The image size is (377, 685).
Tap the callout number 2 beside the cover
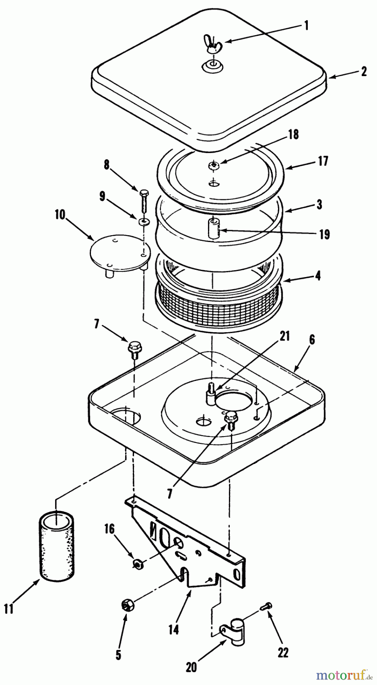coord(364,72)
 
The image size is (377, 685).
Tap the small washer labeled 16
coord(138,563)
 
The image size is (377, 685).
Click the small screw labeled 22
coord(265,606)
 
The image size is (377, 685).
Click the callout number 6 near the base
coord(312,340)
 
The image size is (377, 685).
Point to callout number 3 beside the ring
coord(320,204)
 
